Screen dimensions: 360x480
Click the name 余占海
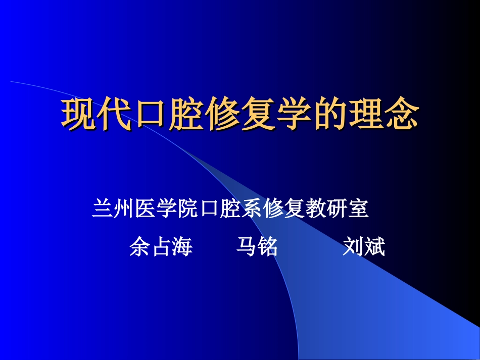161,247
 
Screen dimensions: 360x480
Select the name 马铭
257,247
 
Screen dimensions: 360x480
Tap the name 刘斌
364,247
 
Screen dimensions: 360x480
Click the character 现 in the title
79,115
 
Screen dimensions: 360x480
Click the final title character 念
403,115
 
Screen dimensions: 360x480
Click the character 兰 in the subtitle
102,209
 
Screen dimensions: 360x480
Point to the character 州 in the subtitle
123,209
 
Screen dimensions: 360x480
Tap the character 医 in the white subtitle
145,209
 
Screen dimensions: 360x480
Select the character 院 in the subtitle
187,209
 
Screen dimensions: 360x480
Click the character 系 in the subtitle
252,209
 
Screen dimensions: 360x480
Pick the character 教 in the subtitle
315,209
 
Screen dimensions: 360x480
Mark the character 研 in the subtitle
337,209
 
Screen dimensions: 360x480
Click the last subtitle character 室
358,209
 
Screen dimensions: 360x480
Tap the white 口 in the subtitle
209,209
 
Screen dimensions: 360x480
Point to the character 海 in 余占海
182,247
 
